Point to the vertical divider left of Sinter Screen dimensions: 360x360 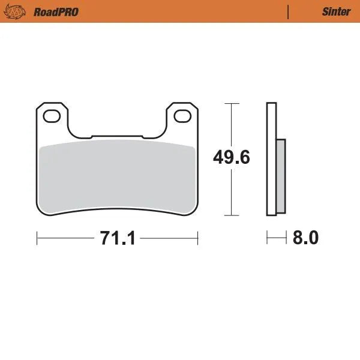point(289,11)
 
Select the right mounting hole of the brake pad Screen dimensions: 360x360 point(184,115)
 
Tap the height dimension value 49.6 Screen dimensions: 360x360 point(232,158)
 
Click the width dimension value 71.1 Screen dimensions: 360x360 point(118,238)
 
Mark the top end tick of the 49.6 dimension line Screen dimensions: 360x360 point(232,103)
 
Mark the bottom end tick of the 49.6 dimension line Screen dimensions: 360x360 point(232,215)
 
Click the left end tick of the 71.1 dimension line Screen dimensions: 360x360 point(37,238)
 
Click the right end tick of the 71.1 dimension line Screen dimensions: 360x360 point(198,238)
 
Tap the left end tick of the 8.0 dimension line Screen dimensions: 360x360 point(267,238)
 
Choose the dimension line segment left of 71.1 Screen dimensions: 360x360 point(66,238)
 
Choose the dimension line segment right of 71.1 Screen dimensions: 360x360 point(169,238)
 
